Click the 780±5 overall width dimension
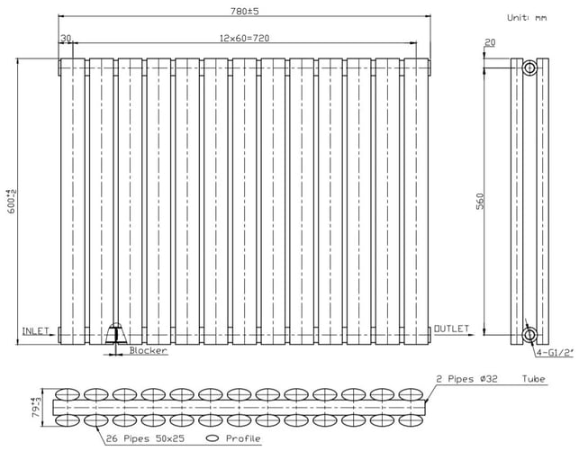point(244,11)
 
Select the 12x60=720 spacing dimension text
point(244,38)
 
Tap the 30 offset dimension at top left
point(66,39)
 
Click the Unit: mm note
point(527,18)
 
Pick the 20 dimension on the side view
point(490,43)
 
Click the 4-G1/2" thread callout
point(555,353)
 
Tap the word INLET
point(35,331)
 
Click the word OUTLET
point(451,329)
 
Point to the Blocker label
point(148,350)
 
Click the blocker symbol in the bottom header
point(116,333)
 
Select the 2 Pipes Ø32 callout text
point(467,379)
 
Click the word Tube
point(534,379)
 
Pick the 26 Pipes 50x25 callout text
point(145,438)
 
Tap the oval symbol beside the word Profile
point(213,438)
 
